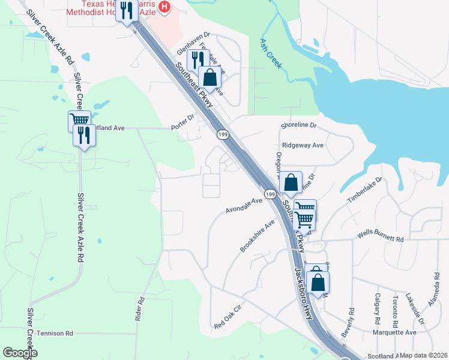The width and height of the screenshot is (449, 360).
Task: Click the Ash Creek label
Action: click(270, 53)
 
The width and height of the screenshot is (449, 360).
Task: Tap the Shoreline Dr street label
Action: click(302, 125)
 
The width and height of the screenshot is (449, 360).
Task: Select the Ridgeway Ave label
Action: click(303, 145)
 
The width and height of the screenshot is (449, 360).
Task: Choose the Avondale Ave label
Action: click(244, 206)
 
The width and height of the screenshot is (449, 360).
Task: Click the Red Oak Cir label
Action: click(228, 318)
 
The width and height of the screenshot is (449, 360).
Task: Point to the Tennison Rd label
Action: click(55, 333)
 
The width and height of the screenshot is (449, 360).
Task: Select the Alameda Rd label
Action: click(435, 290)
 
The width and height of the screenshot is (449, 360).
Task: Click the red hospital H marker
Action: click(165, 7)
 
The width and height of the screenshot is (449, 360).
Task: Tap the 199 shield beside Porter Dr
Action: click(223, 133)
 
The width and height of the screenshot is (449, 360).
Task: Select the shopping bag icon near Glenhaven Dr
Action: click(209, 77)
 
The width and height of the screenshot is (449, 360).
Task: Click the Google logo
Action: click(20, 353)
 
